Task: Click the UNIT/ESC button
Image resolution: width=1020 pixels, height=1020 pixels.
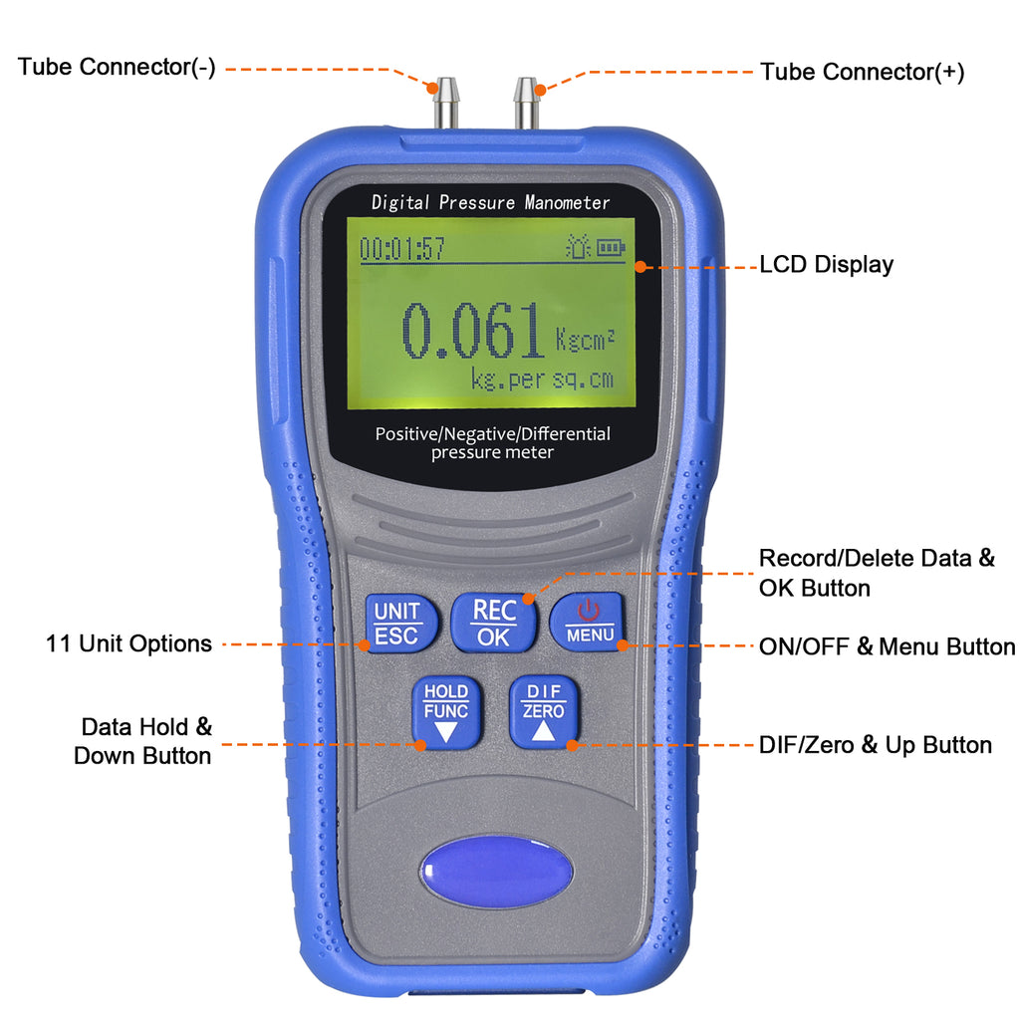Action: coord(396,624)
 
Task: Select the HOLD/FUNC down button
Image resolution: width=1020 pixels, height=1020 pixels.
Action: coord(445,712)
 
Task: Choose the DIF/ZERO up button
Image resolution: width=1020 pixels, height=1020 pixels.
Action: coord(544,712)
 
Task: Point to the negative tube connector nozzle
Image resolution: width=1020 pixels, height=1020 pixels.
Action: coord(440,104)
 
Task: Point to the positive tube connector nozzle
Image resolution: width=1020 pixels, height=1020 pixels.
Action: coord(526,104)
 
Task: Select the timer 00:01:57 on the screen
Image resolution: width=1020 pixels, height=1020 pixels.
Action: coord(402,249)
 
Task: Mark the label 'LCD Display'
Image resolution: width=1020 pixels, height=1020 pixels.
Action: coord(826,265)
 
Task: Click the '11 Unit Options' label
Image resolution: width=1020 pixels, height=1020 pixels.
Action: coord(128,643)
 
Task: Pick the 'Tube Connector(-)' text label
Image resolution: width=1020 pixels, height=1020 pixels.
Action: coord(117,68)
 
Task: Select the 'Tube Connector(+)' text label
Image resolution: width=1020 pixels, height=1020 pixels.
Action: coord(863,72)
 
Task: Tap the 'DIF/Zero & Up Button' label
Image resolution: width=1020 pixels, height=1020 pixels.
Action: coord(876,745)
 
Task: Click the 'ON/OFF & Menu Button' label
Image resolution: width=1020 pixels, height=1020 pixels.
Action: coord(887,646)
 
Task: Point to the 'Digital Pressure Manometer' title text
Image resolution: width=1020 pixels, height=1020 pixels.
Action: coord(491,202)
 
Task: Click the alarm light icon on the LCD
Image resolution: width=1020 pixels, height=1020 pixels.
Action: coord(578,246)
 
